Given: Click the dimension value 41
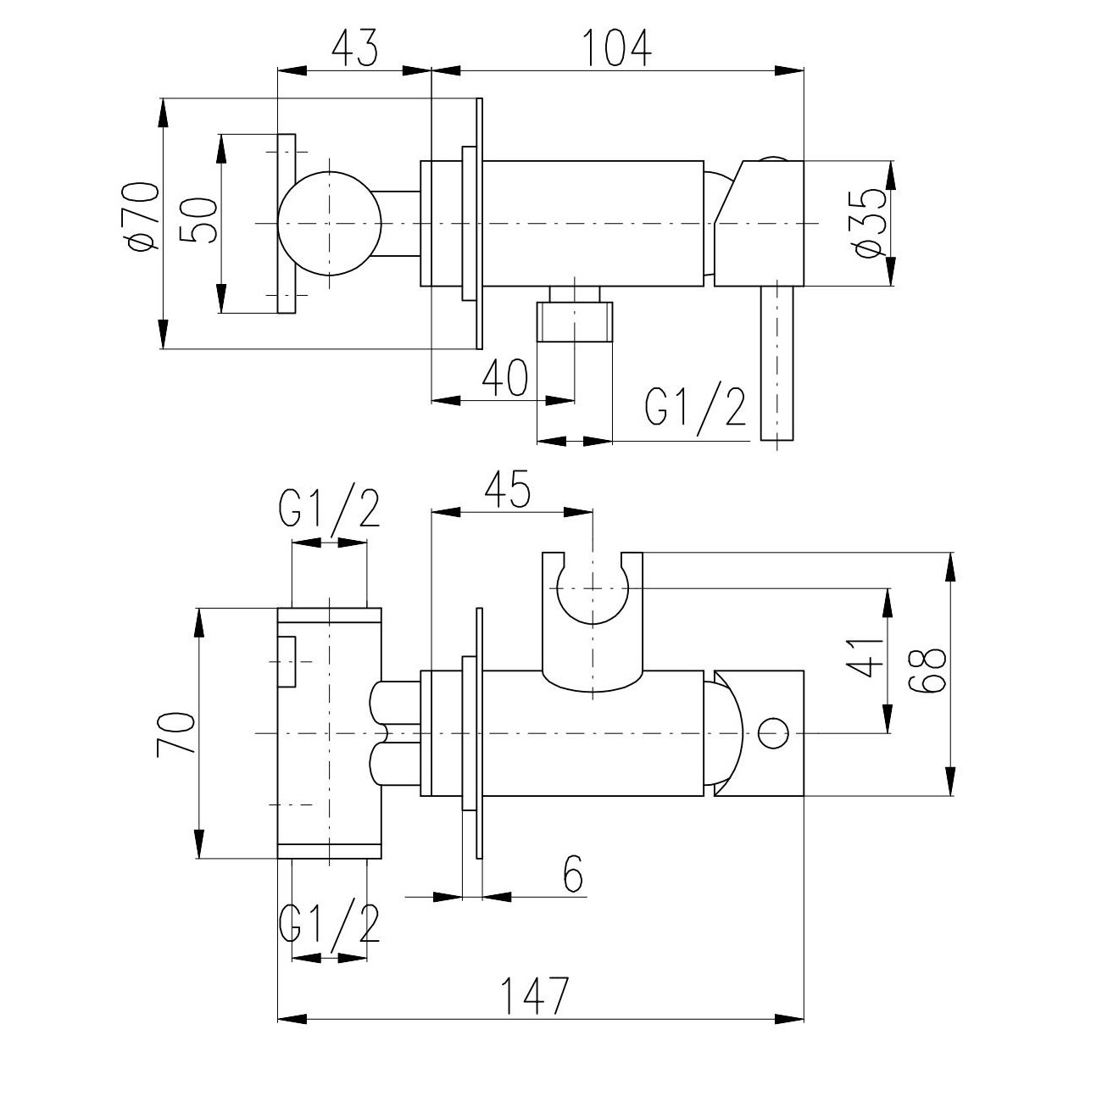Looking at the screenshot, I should point(863,657).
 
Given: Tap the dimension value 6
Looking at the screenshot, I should point(573,876).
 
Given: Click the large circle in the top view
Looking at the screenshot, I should point(330,223).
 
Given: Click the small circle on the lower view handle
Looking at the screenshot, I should point(772,733).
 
